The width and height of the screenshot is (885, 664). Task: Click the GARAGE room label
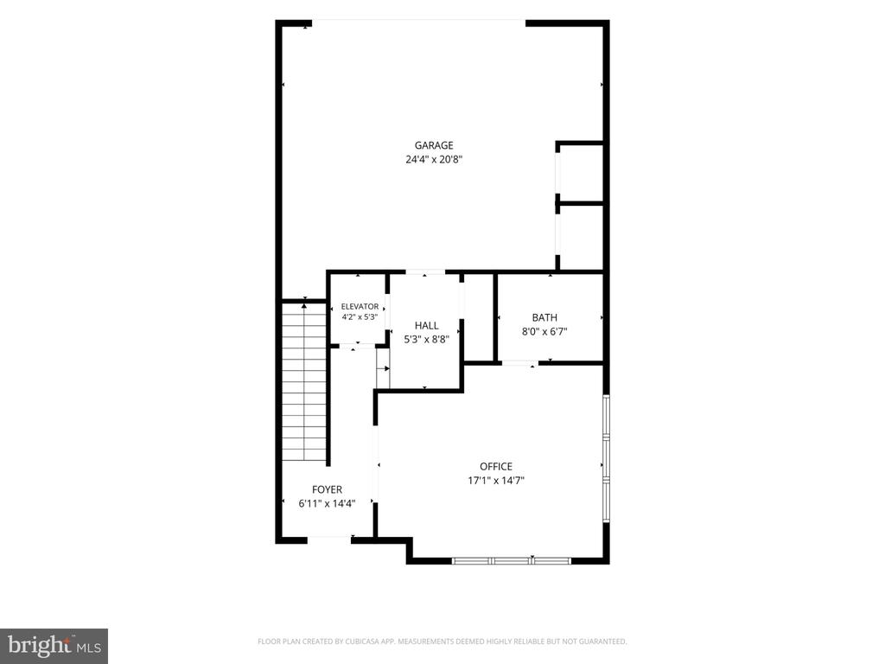pos(434,145)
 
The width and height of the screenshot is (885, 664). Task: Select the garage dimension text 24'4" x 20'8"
pos(434,159)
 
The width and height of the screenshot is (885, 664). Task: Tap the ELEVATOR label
pos(360,307)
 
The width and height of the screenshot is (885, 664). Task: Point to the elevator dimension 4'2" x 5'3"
pos(360,317)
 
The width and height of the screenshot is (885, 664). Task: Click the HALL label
pos(426,325)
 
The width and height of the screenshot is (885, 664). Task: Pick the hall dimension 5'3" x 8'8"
pos(426,339)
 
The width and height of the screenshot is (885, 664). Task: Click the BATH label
pos(544,318)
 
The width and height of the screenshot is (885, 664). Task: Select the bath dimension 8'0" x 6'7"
pos(544,332)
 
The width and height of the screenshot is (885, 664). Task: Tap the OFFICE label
pos(495,466)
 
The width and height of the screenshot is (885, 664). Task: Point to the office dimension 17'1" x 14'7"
pos(495,481)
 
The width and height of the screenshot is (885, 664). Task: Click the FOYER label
pos(327,489)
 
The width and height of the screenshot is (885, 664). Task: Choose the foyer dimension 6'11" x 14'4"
pos(327,504)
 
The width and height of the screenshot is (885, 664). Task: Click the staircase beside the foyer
pos(304,381)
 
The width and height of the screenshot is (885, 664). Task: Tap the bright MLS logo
pos(54,646)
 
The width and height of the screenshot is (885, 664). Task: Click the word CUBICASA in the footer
pos(366,642)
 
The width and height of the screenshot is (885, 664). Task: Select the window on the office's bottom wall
pos(512,561)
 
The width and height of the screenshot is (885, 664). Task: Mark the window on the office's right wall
pos(606,458)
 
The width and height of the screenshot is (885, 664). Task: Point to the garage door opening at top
pos(418,22)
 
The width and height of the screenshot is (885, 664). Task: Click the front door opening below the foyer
pos(329,540)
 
